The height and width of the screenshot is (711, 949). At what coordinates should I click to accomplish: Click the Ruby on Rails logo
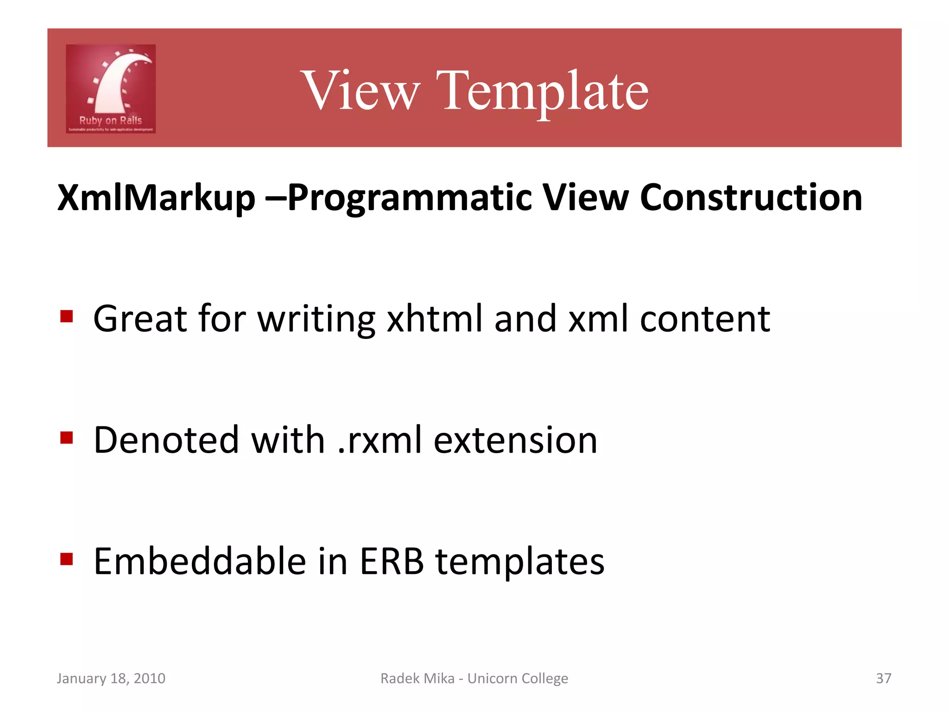(111, 89)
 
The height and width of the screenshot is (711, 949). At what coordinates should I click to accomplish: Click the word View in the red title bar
(361, 90)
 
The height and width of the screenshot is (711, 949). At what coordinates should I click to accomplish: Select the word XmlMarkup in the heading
(156, 198)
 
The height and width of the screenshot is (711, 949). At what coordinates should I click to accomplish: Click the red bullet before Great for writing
(67, 317)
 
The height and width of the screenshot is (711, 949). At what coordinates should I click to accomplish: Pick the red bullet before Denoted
(67, 438)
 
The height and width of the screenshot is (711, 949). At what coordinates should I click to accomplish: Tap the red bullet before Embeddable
(67, 559)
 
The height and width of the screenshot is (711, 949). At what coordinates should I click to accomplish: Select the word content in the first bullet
(705, 319)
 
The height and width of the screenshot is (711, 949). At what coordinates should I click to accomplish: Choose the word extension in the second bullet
(515, 440)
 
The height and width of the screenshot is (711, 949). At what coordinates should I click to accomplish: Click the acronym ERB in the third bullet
(392, 561)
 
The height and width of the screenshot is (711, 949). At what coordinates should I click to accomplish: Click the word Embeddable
(200, 561)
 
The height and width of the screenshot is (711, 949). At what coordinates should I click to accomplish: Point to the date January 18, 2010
(111, 678)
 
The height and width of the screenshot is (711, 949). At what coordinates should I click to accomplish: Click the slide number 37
(883, 678)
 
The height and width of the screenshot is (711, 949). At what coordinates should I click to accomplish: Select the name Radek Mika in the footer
(417, 678)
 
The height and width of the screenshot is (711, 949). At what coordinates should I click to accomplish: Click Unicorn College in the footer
(518, 678)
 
